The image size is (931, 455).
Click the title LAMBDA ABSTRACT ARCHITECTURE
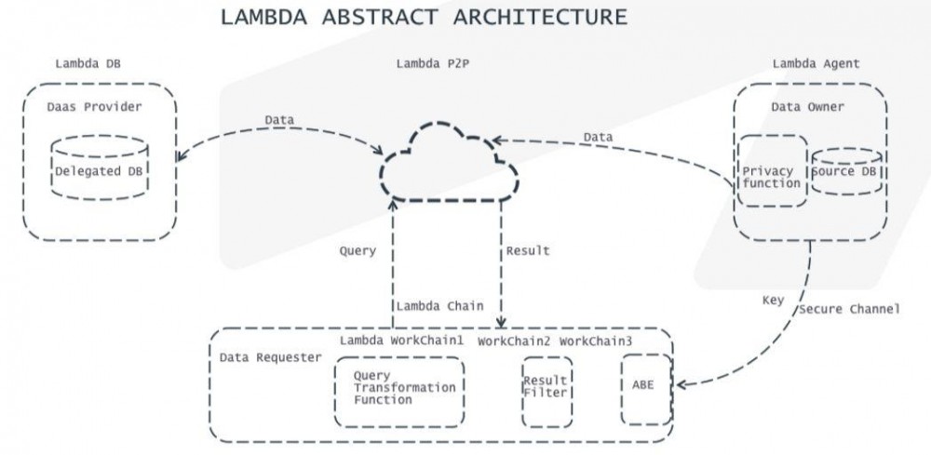point(424,18)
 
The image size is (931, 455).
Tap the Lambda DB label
point(88,64)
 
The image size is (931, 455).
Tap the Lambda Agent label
point(816,64)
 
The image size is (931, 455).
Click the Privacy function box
point(771,177)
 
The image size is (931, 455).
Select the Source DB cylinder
point(845,172)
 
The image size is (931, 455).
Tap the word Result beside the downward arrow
point(528,250)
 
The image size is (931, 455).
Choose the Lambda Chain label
point(439,306)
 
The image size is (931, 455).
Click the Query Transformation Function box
point(398,388)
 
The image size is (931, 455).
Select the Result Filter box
point(546,389)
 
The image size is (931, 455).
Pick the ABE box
point(645,384)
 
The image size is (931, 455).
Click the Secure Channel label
point(849,308)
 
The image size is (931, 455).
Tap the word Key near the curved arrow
point(773,301)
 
